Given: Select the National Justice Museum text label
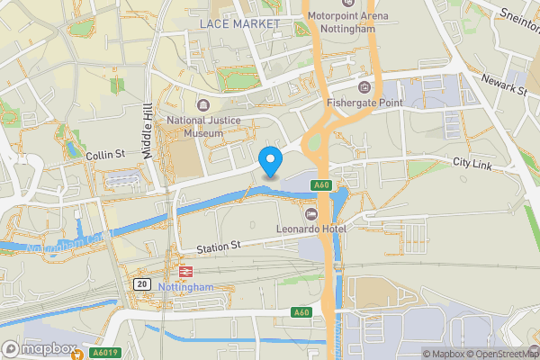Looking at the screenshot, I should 193,126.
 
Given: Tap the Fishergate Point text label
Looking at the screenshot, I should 364,103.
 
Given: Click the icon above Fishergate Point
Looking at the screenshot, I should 364,86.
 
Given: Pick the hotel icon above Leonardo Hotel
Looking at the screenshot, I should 312,212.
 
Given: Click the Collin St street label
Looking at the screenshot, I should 105,156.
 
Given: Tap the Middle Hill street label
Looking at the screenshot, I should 148,130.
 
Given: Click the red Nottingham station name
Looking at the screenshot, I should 186,287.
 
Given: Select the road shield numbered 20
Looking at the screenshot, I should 142,283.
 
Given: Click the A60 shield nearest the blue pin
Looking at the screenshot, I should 322,185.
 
